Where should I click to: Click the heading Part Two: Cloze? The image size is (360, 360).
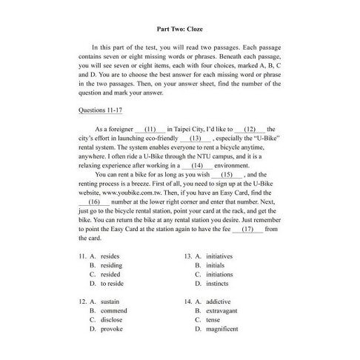[x=180, y=29]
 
